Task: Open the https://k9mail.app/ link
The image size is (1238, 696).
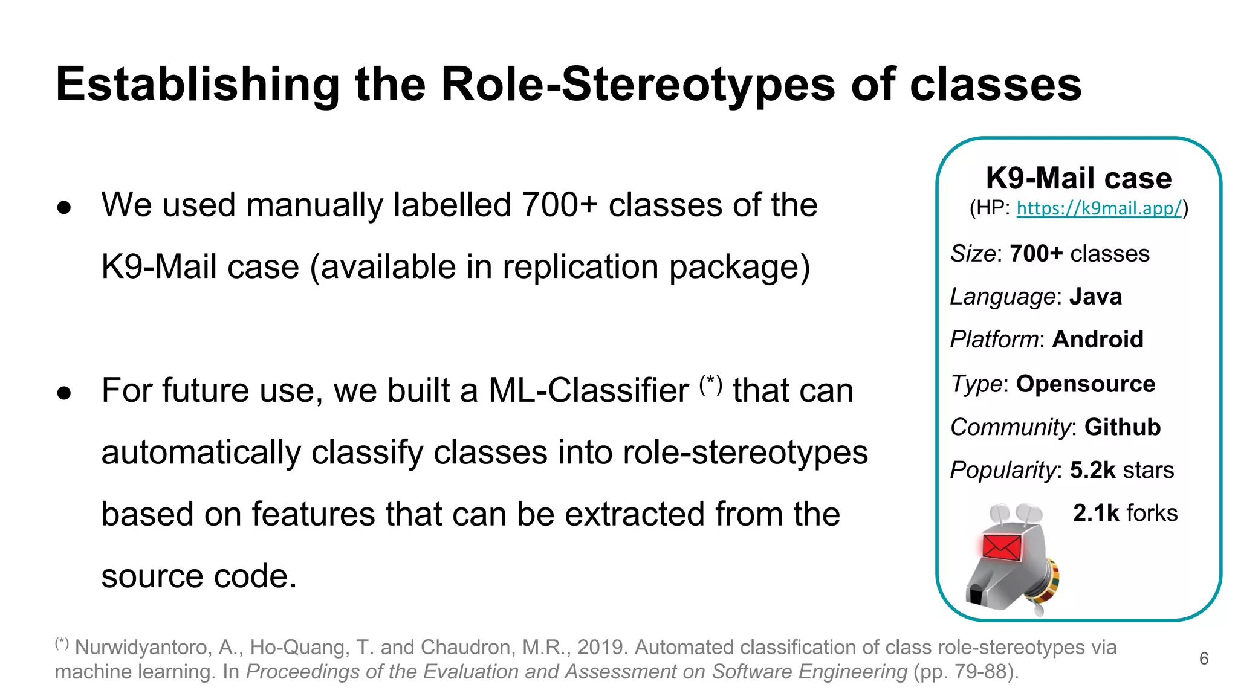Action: point(1098,208)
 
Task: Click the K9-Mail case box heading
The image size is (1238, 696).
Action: point(1078,178)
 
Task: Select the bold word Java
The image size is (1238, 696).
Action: point(1095,297)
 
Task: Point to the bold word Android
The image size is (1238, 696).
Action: point(1098,340)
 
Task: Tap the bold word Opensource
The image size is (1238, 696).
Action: point(1086,384)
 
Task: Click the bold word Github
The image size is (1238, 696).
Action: point(1123,427)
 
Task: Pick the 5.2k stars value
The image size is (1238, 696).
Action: point(1121,470)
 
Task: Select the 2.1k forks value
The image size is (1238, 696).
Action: point(1125,513)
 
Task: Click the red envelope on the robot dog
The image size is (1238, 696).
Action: point(1002,547)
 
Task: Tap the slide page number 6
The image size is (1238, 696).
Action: point(1204,659)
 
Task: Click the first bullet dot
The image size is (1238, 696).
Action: point(64,208)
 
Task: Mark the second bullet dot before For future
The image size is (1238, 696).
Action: point(64,393)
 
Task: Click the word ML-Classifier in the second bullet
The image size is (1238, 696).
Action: point(588,391)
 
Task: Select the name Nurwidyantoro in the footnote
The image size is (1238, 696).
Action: point(143,648)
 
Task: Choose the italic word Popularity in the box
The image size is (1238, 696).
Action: point(1003,470)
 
